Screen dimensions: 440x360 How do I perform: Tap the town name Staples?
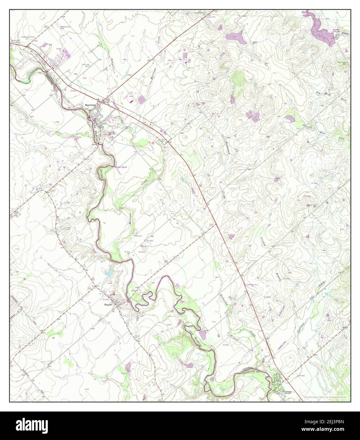pyautogui.click(x=109, y=305)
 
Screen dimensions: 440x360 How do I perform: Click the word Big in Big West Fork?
pyautogui.click(x=318, y=92)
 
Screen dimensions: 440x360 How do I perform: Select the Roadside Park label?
pyautogui.click(x=252, y=285)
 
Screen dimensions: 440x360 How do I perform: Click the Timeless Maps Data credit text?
pyautogui.click(x=325, y=397)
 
